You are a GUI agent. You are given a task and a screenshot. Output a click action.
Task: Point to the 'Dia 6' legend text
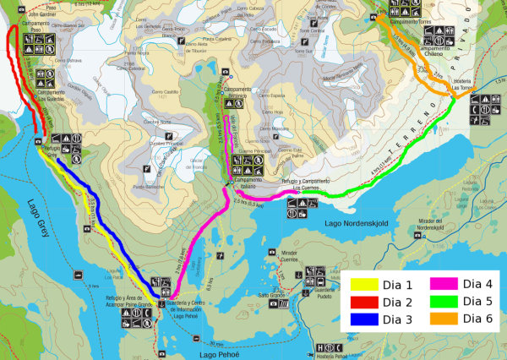[x=474, y=319]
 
